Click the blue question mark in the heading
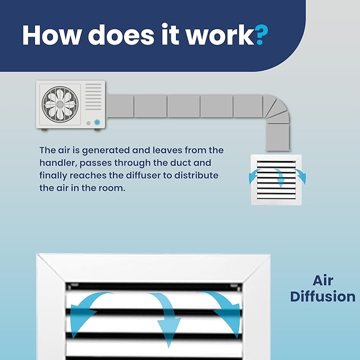(261, 35)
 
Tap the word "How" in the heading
(52, 35)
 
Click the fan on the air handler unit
(60, 104)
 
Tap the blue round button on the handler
(97, 122)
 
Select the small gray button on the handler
(89, 124)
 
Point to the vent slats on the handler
(93, 96)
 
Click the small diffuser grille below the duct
(276, 180)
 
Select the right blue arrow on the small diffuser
(301, 176)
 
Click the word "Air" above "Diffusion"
(322, 280)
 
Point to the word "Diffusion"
(323, 296)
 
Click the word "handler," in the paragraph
(58, 163)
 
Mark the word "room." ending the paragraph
(111, 188)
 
